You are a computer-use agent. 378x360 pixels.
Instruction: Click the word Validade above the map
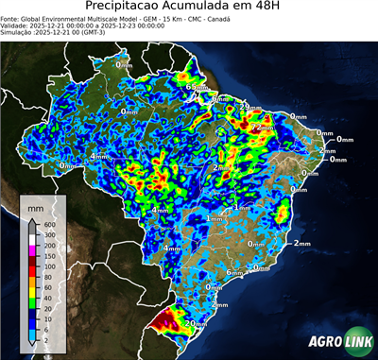[16, 25]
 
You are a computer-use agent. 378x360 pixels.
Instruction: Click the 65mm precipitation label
[197, 88]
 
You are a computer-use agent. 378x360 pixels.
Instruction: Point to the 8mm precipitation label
[219, 99]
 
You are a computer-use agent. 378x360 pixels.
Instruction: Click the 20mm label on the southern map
[196, 323]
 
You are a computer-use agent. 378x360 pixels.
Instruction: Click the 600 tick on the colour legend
[46, 224]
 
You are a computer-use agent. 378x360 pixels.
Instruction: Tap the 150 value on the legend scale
[46, 255]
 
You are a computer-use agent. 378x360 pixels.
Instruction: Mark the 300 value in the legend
[46, 234]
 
